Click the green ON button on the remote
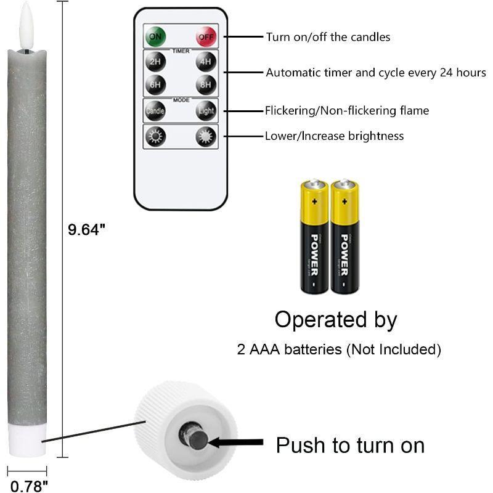click(155, 36)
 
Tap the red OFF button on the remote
click(206, 36)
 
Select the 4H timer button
click(206, 62)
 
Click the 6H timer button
click(155, 84)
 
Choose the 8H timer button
click(206, 84)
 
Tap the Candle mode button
click(155, 112)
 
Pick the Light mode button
click(206, 112)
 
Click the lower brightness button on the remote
click(155, 136)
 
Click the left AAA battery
click(314, 237)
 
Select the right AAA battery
click(345, 237)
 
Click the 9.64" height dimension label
click(87, 230)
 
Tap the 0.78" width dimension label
click(29, 486)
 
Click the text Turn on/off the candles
click(328, 37)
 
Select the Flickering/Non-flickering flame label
click(346, 111)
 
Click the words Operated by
click(335, 320)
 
